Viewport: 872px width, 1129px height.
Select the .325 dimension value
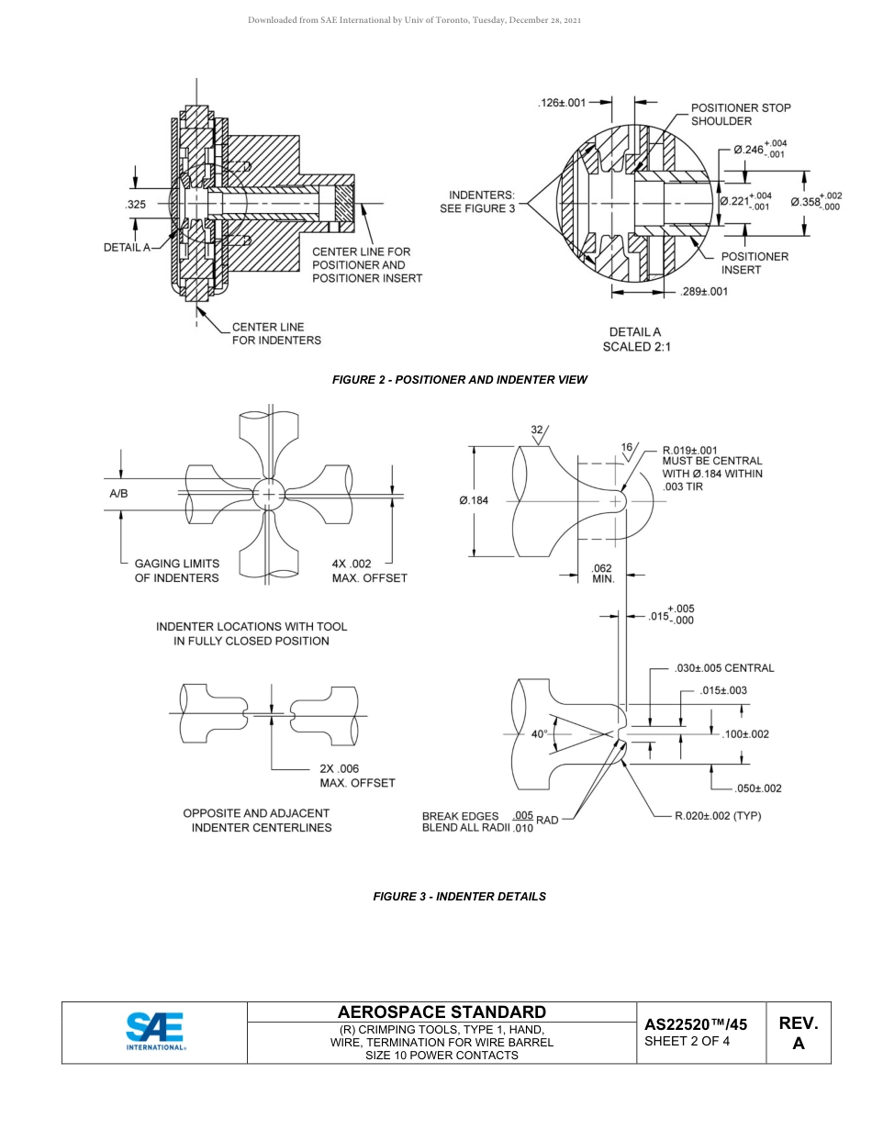point(135,205)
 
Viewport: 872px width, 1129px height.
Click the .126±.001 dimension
point(561,103)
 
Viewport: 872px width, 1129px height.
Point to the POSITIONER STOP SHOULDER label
point(740,115)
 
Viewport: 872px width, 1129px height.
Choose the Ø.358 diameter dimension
point(816,201)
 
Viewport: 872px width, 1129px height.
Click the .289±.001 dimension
point(704,292)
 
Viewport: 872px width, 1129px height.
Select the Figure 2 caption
point(459,379)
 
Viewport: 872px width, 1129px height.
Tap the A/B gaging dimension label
point(118,494)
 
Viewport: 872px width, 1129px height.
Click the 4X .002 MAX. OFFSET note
point(369,571)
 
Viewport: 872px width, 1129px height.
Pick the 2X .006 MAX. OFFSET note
point(357,776)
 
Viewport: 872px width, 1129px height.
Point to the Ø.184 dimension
point(475,500)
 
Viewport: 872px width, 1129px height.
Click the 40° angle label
point(539,733)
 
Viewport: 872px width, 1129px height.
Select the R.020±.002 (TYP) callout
point(718,815)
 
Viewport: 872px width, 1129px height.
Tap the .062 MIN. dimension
point(603,574)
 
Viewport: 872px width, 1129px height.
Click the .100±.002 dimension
point(745,733)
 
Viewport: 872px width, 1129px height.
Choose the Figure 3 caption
point(459,896)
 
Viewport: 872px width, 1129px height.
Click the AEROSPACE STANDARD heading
point(442,1012)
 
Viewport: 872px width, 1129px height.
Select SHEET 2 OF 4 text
point(687,1041)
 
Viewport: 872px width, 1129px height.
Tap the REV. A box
point(798,1033)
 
